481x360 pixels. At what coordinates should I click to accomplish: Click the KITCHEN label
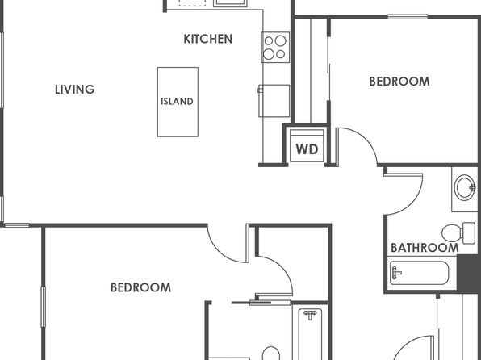pyautogui.click(x=208, y=39)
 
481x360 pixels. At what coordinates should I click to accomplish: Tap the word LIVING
pyautogui.click(x=75, y=90)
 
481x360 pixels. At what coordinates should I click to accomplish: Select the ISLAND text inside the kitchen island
pyautogui.click(x=178, y=101)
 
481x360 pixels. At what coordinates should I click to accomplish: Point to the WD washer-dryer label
pyautogui.click(x=307, y=149)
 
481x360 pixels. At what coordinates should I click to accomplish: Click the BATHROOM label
pyautogui.click(x=425, y=248)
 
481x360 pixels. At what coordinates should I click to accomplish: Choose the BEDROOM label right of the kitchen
pyautogui.click(x=399, y=82)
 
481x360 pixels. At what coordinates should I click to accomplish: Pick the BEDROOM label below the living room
pyautogui.click(x=140, y=287)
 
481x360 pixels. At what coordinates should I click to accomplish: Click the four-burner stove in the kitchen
pyautogui.click(x=275, y=48)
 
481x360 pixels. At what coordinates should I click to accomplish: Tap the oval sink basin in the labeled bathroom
pyautogui.click(x=465, y=187)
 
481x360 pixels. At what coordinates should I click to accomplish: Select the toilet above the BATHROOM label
pyautogui.click(x=458, y=233)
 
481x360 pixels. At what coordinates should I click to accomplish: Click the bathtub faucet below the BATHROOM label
pyautogui.click(x=395, y=273)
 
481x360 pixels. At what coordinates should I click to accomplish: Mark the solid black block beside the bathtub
pyautogui.click(x=469, y=274)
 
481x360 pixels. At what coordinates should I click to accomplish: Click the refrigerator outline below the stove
pyautogui.click(x=274, y=101)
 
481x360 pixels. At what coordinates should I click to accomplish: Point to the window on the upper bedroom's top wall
pyautogui.click(x=408, y=17)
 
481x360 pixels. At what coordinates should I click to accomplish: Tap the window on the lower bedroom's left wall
pyautogui.click(x=44, y=307)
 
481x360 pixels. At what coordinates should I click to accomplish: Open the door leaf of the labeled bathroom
pyautogui.click(x=403, y=175)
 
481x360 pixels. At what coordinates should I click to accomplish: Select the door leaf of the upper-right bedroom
pyautogui.click(x=337, y=148)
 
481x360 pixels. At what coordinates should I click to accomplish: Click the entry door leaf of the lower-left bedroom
pyautogui.click(x=247, y=243)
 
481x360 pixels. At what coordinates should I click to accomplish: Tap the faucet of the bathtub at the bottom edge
pyautogui.click(x=310, y=315)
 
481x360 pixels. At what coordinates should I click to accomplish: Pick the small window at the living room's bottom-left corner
pyautogui.click(x=17, y=225)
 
